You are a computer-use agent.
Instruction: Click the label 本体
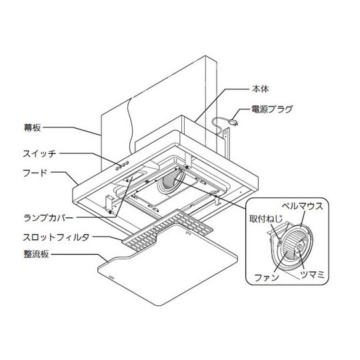pyautogui.click(x=260, y=89)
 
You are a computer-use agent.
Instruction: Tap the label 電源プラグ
pyautogui.click(x=272, y=109)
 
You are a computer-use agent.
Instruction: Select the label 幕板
pyautogui.click(x=33, y=127)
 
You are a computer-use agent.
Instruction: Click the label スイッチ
pyautogui.click(x=39, y=153)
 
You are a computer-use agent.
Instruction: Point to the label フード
pyautogui.click(x=35, y=173)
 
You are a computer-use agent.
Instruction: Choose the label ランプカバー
pyautogui.click(x=49, y=217)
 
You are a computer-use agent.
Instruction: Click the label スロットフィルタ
pyautogui.click(x=56, y=237)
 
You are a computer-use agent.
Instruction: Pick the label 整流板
pyautogui.click(x=36, y=254)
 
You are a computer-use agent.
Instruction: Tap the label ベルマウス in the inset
pyautogui.click(x=303, y=206)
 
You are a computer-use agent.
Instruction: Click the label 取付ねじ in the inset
pyautogui.click(x=266, y=219)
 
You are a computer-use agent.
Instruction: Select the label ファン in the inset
pyautogui.click(x=267, y=278)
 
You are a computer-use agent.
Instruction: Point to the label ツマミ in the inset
pyautogui.click(x=312, y=275)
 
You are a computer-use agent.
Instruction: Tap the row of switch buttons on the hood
pyautogui.click(x=122, y=165)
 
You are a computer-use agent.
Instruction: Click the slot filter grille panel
pyautogui.click(x=167, y=229)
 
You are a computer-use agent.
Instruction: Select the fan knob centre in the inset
pyautogui.click(x=299, y=247)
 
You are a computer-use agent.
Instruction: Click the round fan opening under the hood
pyautogui.click(x=170, y=182)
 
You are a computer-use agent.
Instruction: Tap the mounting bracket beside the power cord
pyautogui.click(x=226, y=143)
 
